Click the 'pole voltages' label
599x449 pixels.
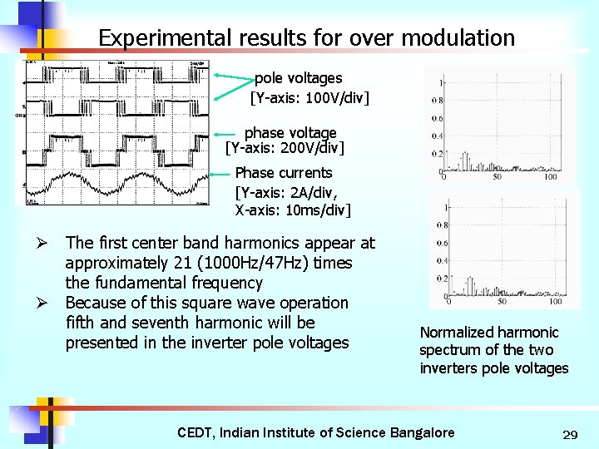(298, 78)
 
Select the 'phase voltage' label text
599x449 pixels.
(290, 133)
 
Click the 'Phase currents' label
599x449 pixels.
(284, 173)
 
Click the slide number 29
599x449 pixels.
(570, 435)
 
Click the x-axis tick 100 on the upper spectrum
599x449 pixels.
(551, 176)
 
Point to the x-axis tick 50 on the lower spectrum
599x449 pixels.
(502, 301)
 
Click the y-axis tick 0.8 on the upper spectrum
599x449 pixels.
(436, 101)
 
